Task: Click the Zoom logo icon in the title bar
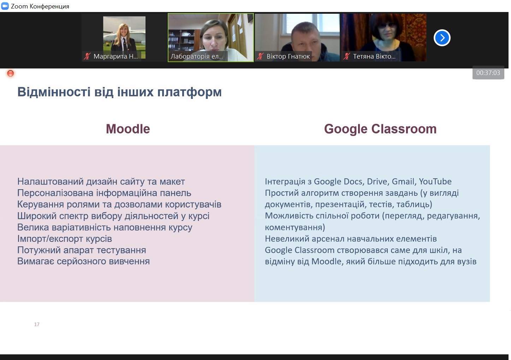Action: (x=5, y=6)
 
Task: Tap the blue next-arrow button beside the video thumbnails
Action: (x=442, y=38)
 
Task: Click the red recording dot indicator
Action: (x=11, y=73)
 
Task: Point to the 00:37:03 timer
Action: (x=488, y=73)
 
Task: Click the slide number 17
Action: (x=37, y=324)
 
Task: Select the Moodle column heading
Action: (x=128, y=129)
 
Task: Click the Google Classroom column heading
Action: (x=380, y=129)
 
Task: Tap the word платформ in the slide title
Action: (x=189, y=92)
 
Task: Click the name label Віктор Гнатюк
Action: (x=288, y=56)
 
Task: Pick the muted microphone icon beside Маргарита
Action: (x=87, y=56)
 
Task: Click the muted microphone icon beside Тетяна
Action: (x=347, y=56)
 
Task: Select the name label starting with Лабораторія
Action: (x=197, y=56)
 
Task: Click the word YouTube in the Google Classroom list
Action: (x=435, y=181)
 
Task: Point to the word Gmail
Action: (x=404, y=182)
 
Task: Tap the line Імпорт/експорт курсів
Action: (x=65, y=239)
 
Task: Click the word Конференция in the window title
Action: (x=49, y=6)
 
